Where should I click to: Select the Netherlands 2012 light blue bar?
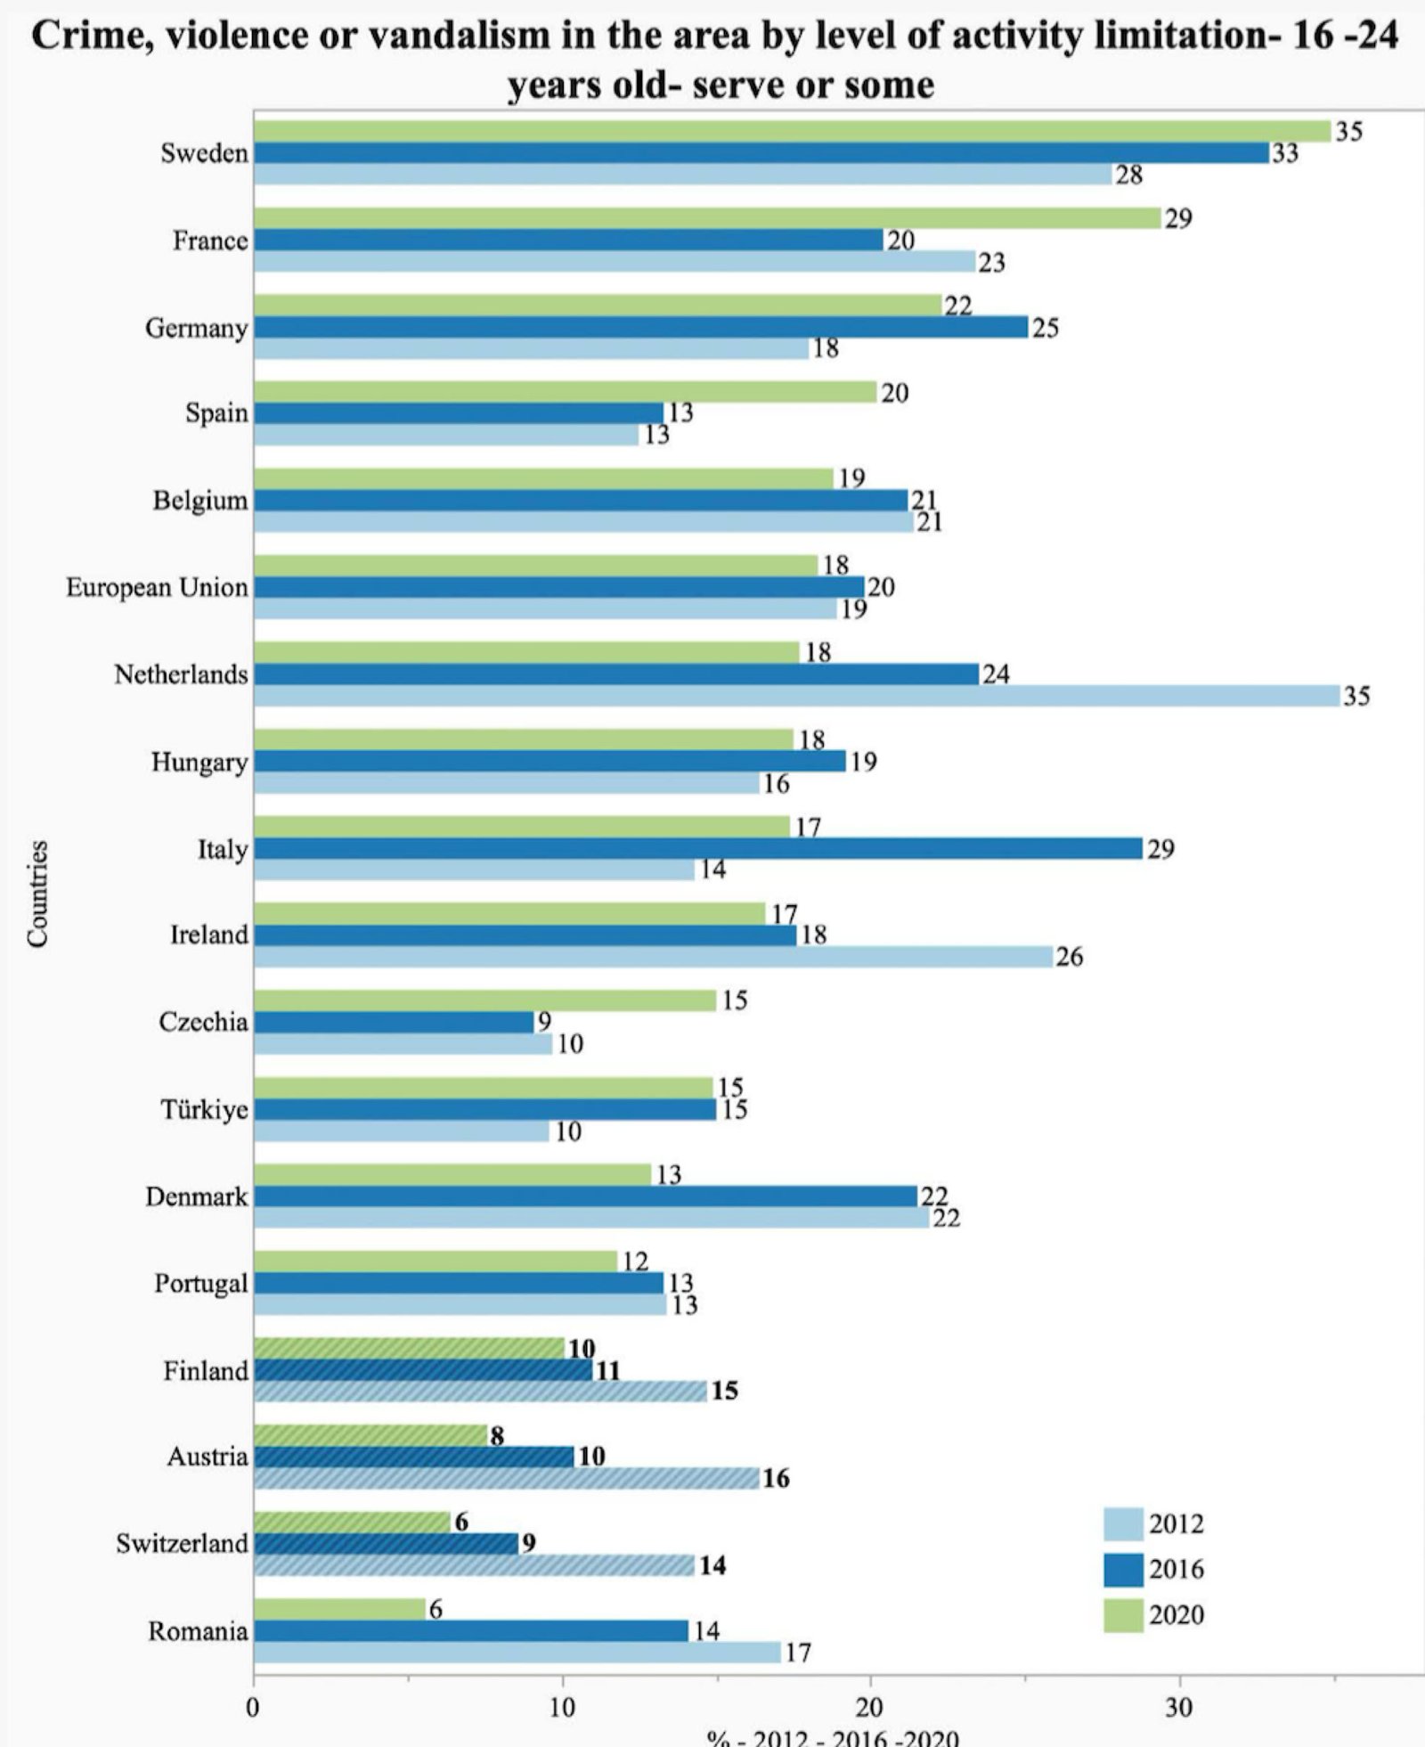(x=796, y=696)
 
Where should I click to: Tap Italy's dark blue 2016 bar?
(x=697, y=849)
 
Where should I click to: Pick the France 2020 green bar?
(x=707, y=218)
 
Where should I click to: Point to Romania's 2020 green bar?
(x=339, y=1609)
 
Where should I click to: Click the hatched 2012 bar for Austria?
(x=506, y=1479)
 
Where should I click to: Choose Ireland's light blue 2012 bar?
(x=653, y=957)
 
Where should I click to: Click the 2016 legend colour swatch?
(x=1123, y=1569)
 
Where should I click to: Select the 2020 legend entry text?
(x=1176, y=1614)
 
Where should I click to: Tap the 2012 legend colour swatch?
(x=1123, y=1523)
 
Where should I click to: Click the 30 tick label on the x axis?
(x=1179, y=1707)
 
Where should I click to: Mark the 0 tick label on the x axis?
(x=253, y=1707)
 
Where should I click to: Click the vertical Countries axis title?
(x=37, y=894)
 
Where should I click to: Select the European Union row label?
(x=157, y=588)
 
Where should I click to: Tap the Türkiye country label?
(x=204, y=1110)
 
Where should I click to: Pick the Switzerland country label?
(x=182, y=1544)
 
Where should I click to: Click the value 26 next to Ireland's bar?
(x=1069, y=957)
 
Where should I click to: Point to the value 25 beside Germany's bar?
(x=1045, y=328)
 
